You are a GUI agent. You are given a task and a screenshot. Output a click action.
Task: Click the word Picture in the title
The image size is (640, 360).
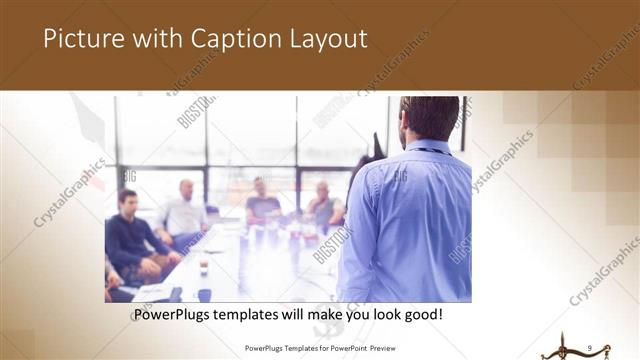(x=81, y=39)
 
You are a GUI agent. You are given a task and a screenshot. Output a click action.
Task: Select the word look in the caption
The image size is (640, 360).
(x=389, y=315)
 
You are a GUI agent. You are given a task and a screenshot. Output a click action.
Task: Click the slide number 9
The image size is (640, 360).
(x=590, y=347)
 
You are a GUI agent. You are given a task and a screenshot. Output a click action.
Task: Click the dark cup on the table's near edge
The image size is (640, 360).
(x=204, y=294)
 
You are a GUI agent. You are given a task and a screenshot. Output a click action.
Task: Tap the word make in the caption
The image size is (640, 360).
(x=324, y=315)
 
